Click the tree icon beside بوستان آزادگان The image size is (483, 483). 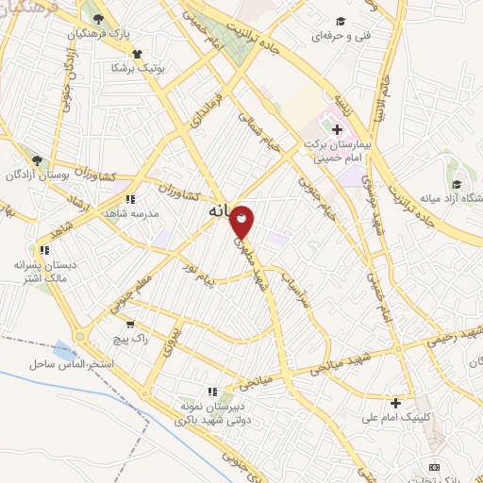[x=36, y=161]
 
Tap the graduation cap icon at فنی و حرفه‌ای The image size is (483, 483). [x=340, y=22]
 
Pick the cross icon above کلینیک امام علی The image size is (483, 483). [x=396, y=403]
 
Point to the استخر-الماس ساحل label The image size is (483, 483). [x=71, y=363]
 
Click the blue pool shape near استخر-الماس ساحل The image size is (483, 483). [x=64, y=350]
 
